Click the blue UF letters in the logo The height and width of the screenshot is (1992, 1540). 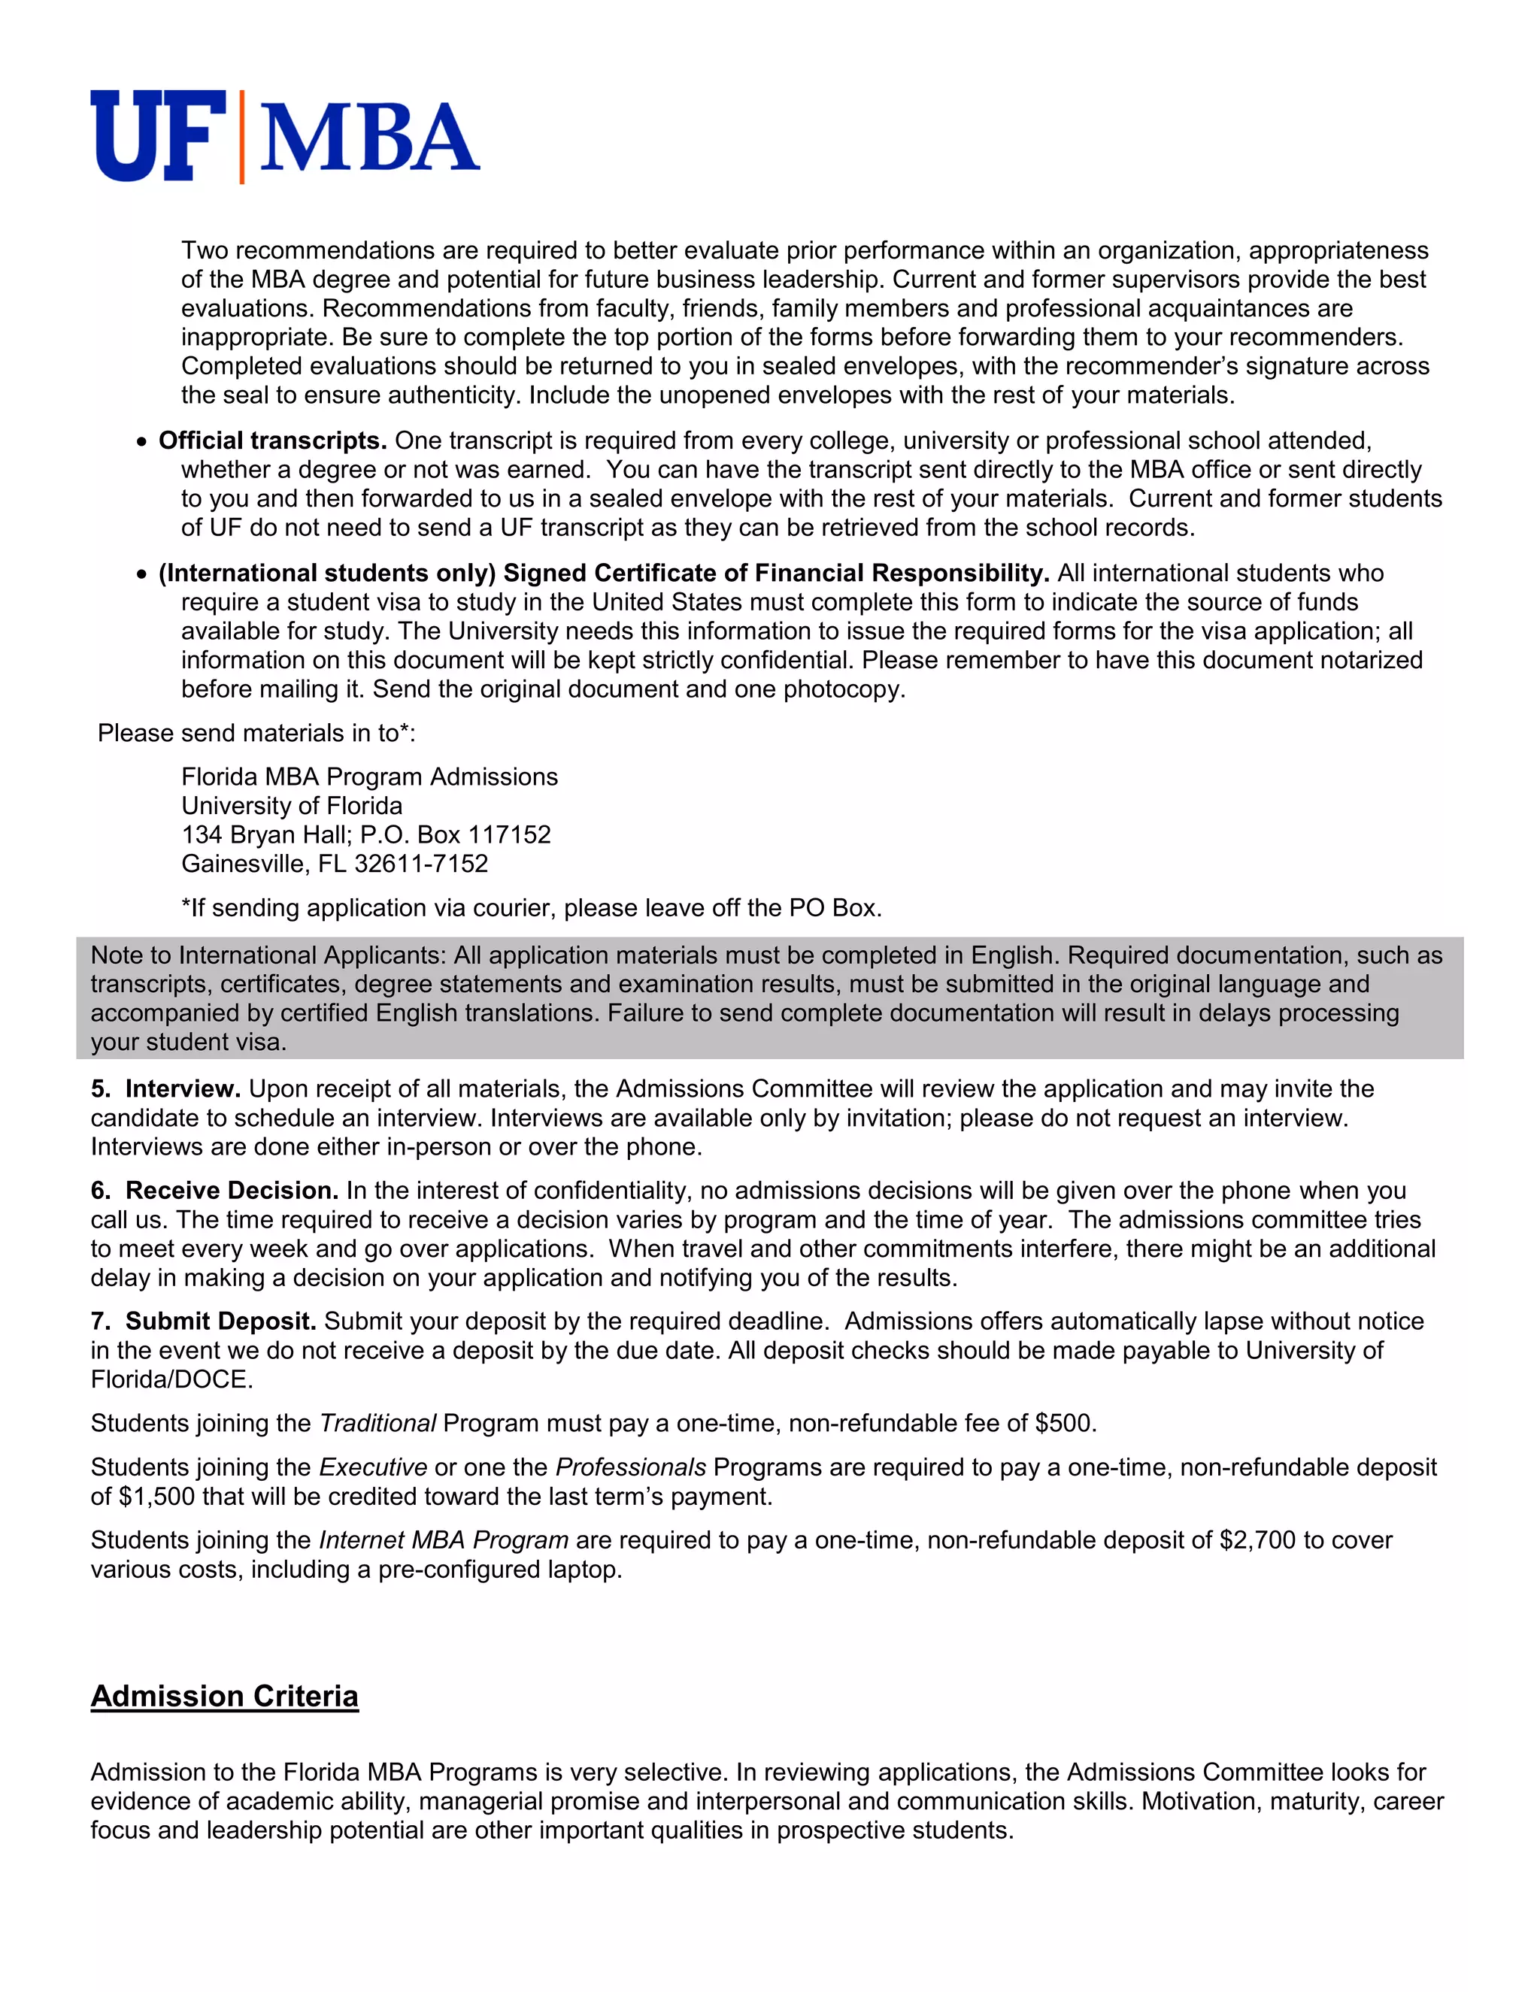157,136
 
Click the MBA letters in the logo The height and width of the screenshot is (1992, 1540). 368,138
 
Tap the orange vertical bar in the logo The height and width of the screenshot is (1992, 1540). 242,137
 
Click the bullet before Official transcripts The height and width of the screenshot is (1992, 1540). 141,442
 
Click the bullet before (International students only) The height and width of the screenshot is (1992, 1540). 141,574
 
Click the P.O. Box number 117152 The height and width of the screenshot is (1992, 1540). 509,834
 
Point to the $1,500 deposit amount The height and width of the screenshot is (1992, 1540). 156,1497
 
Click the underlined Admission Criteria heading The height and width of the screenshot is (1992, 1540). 224,1697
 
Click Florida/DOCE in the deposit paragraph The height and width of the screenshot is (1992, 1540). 171,1380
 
